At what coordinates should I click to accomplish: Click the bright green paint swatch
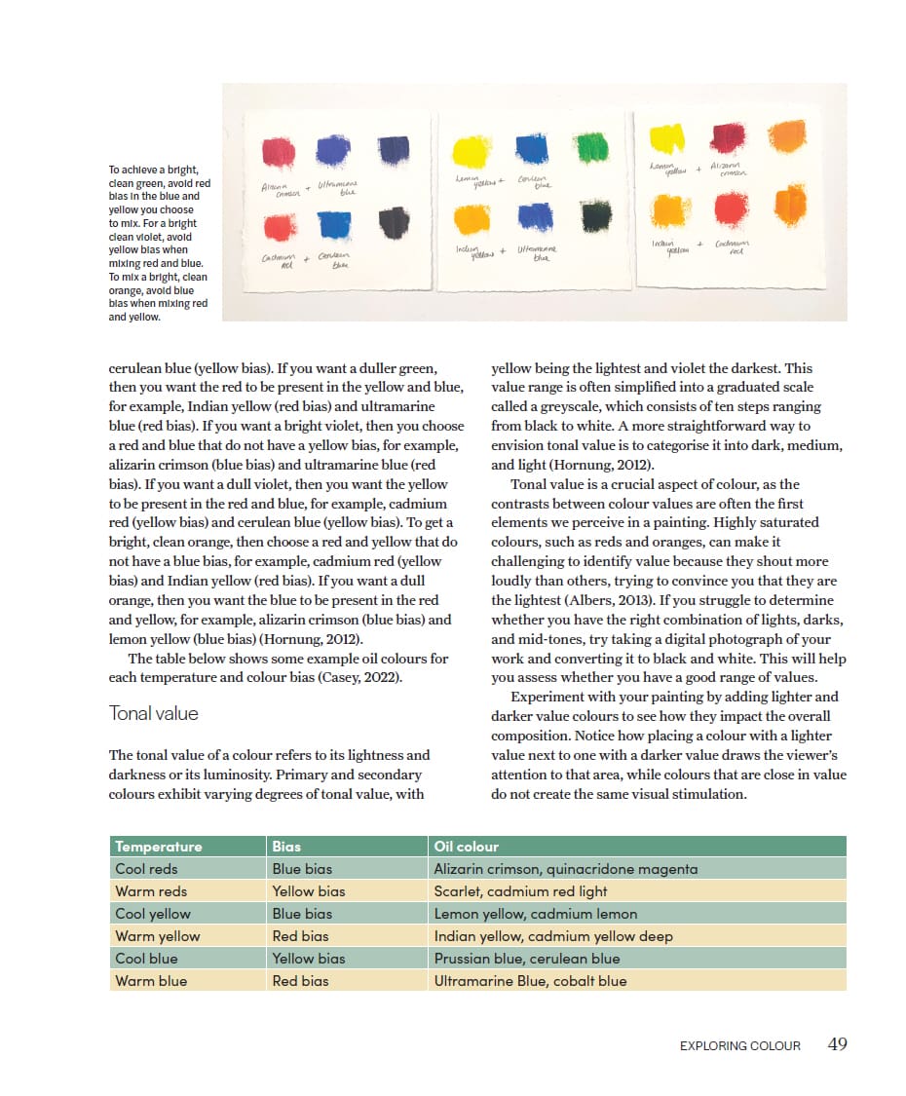(x=591, y=147)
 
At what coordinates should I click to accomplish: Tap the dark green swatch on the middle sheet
(x=596, y=214)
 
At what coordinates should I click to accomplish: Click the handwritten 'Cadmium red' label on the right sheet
(x=731, y=247)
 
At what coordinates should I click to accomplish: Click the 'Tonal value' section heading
(x=153, y=713)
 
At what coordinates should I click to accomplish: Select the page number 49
(x=837, y=1044)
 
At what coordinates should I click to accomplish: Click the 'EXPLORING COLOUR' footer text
(x=739, y=1045)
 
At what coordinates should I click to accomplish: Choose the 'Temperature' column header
(x=158, y=847)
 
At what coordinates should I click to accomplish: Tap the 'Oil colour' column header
(x=466, y=847)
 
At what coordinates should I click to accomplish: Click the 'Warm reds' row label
(x=151, y=891)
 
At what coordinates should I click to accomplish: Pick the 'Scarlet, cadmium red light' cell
(x=520, y=891)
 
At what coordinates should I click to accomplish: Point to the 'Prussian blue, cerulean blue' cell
(x=526, y=959)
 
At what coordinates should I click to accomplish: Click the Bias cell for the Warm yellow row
(x=300, y=936)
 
